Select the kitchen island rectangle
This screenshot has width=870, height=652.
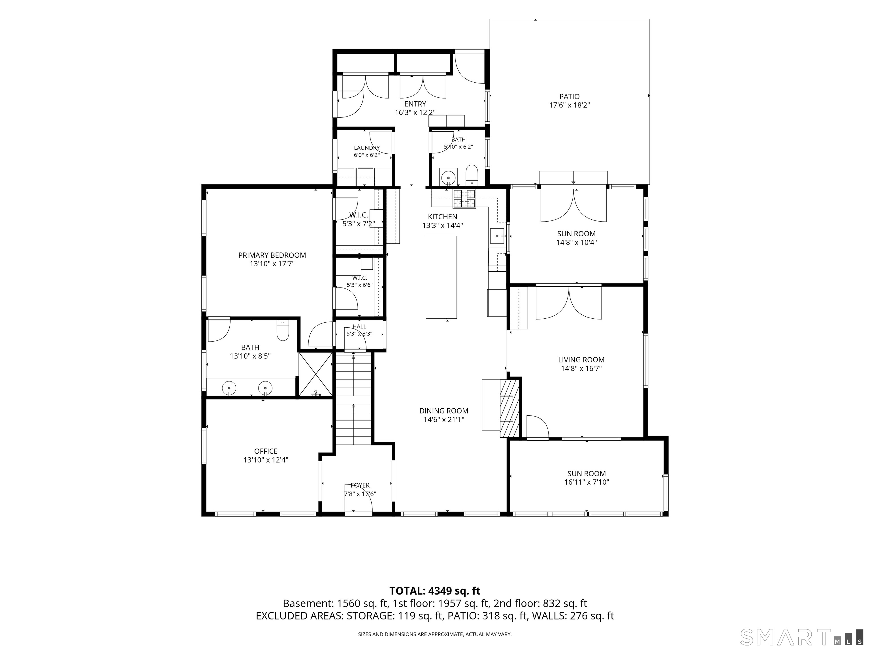pyautogui.click(x=441, y=277)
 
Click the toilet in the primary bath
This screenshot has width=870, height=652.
pyautogui.click(x=283, y=331)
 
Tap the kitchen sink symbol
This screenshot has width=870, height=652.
pyautogui.click(x=498, y=236)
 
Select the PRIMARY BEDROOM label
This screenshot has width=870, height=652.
pyautogui.click(x=272, y=255)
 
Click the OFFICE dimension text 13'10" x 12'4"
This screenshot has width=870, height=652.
pyautogui.click(x=266, y=460)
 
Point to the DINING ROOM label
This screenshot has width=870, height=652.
pyautogui.click(x=444, y=411)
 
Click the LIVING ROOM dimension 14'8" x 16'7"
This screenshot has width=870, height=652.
pyautogui.click(x=581, y=368)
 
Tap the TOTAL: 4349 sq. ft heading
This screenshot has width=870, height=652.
pyautogui.click(x=435, y=591)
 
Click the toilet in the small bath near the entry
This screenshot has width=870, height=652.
pyautogui.click(x=472, y=175)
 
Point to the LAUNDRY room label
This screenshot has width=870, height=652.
pyautogui.click(x=366, y=148)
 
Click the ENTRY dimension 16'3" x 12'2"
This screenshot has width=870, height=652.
pyautogui.click(x=415, y=112)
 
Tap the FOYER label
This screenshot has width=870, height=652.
pyautogui.click(x=360, y=485)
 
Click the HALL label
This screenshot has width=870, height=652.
pyautogui.click(x=359, y=327)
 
